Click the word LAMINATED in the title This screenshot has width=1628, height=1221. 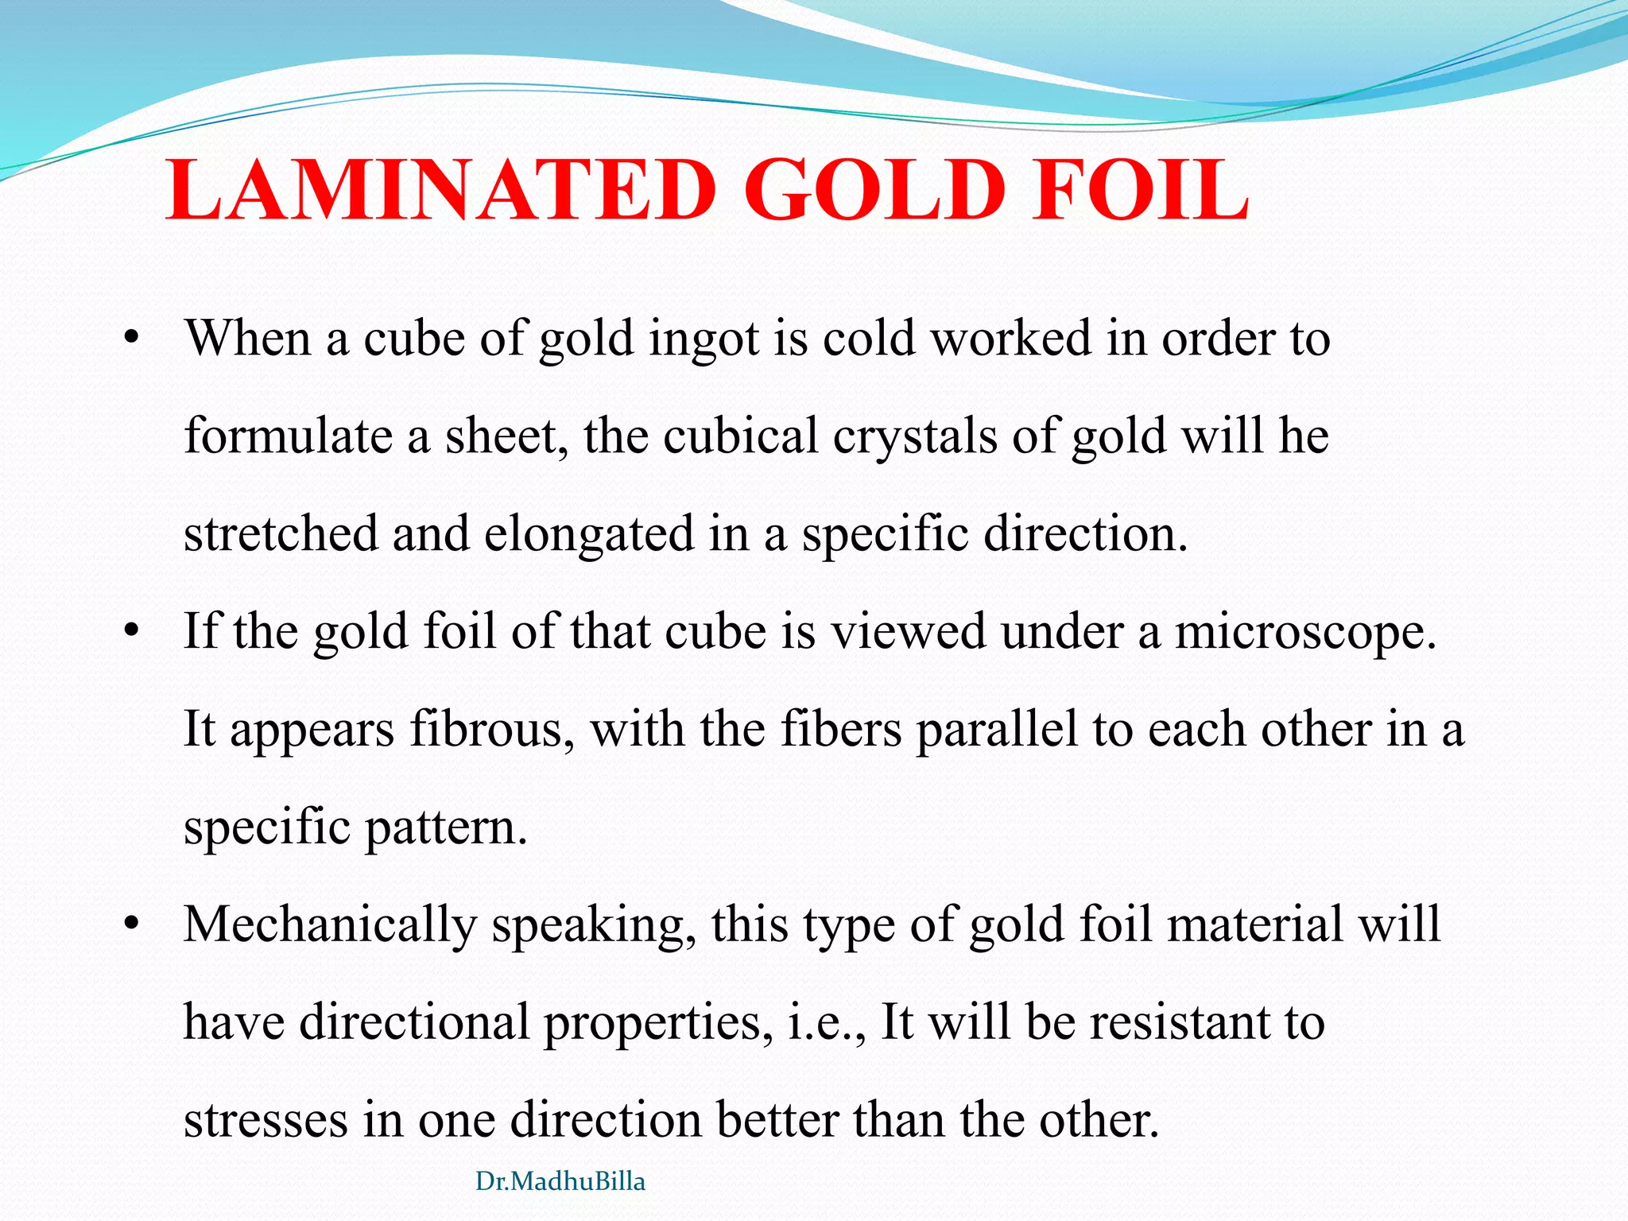point(440,191)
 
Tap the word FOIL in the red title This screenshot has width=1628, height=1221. point(1140,191)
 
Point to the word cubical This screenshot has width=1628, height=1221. point(741,436)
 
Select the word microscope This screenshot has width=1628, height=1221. point(1305,633)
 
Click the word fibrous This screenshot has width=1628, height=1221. point(492,729)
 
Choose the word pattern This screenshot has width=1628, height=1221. point(446,828)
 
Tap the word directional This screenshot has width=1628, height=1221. point(414,1022)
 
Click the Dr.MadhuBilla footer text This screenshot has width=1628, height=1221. point(560,1181)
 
